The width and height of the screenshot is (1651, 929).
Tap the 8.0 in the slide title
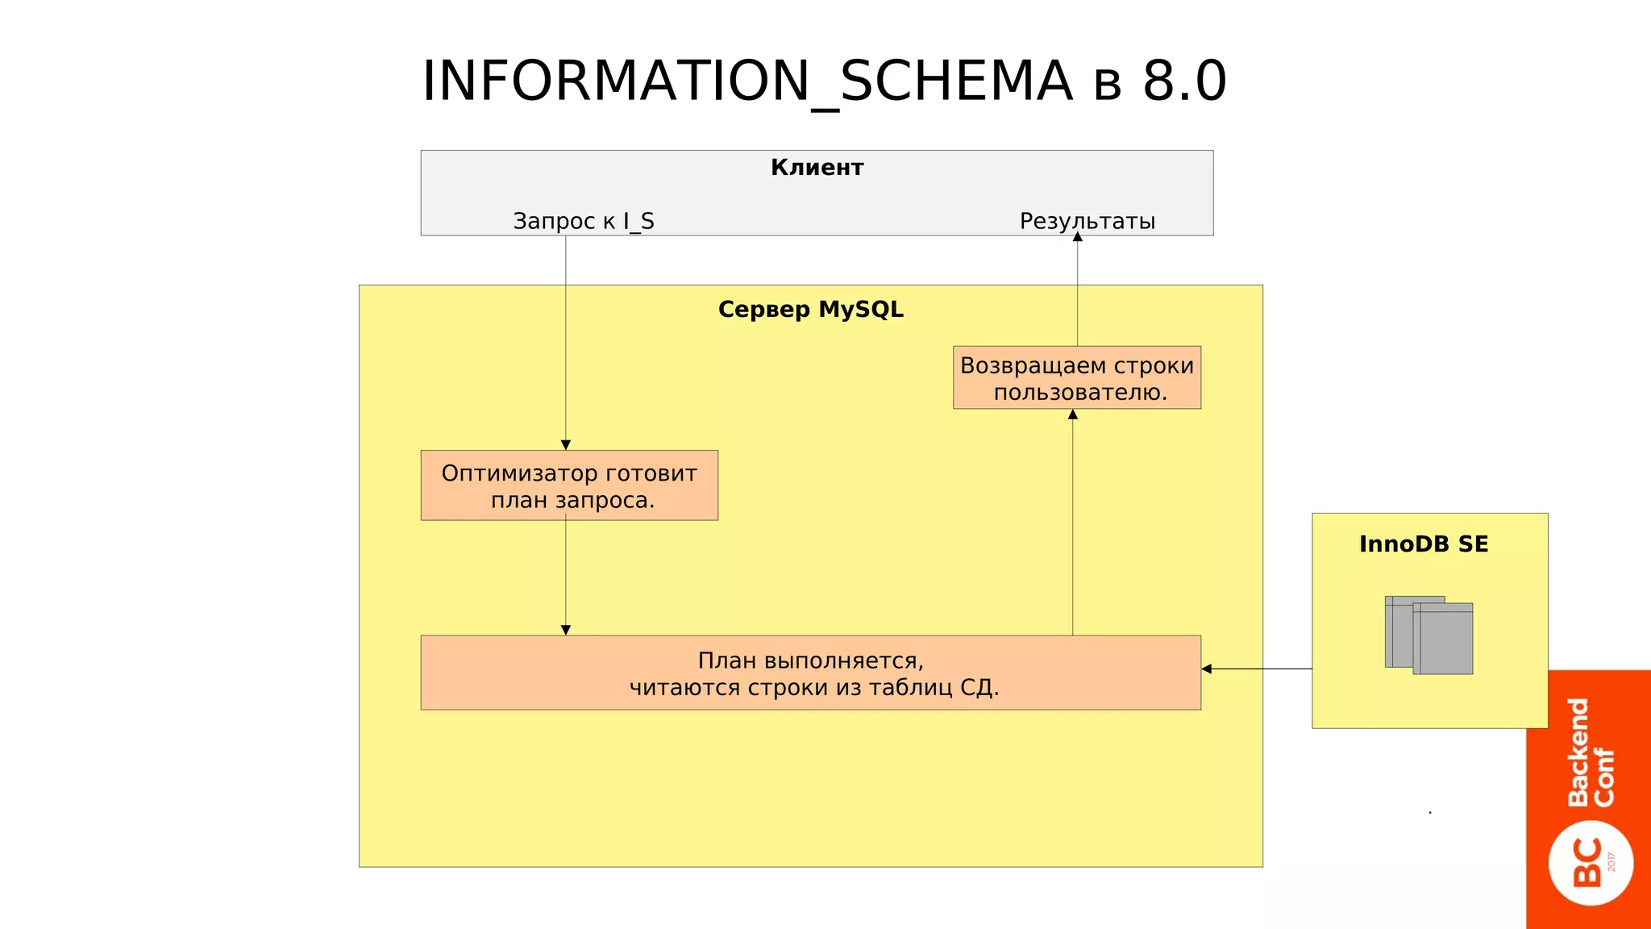click(x=1184, y=82)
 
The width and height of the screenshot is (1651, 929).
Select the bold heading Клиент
click(x=817, y=168)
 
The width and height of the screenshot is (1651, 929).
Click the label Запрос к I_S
click(x=584, y=221)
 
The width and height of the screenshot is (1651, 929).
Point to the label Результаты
click(x=1087, y=221)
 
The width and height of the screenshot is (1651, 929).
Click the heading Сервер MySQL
click(x=810, y=310)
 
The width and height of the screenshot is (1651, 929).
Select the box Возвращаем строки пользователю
click(x=1076, y=377)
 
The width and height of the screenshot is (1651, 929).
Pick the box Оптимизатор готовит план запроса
click(x=569, y=485)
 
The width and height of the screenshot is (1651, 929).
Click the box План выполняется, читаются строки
click(x=810, y=673)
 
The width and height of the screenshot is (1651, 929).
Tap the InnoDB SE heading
click(x=1424, y=544)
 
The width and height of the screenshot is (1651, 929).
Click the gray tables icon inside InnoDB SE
click(x=1429, y=635)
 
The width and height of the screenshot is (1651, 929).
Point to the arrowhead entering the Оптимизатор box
click(x=566, y=445)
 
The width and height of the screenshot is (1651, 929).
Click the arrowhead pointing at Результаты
click(x=1077, y=237)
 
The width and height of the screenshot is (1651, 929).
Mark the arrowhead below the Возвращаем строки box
click(x=1072, y=415)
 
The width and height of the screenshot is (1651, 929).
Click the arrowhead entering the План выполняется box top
click(x=566, y=630)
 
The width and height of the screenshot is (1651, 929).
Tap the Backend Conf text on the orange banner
click(x=1590, y=752)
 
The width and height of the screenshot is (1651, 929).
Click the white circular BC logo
click(x=1591, y=863)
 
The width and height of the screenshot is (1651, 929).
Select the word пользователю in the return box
click(x=1079, y=393)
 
